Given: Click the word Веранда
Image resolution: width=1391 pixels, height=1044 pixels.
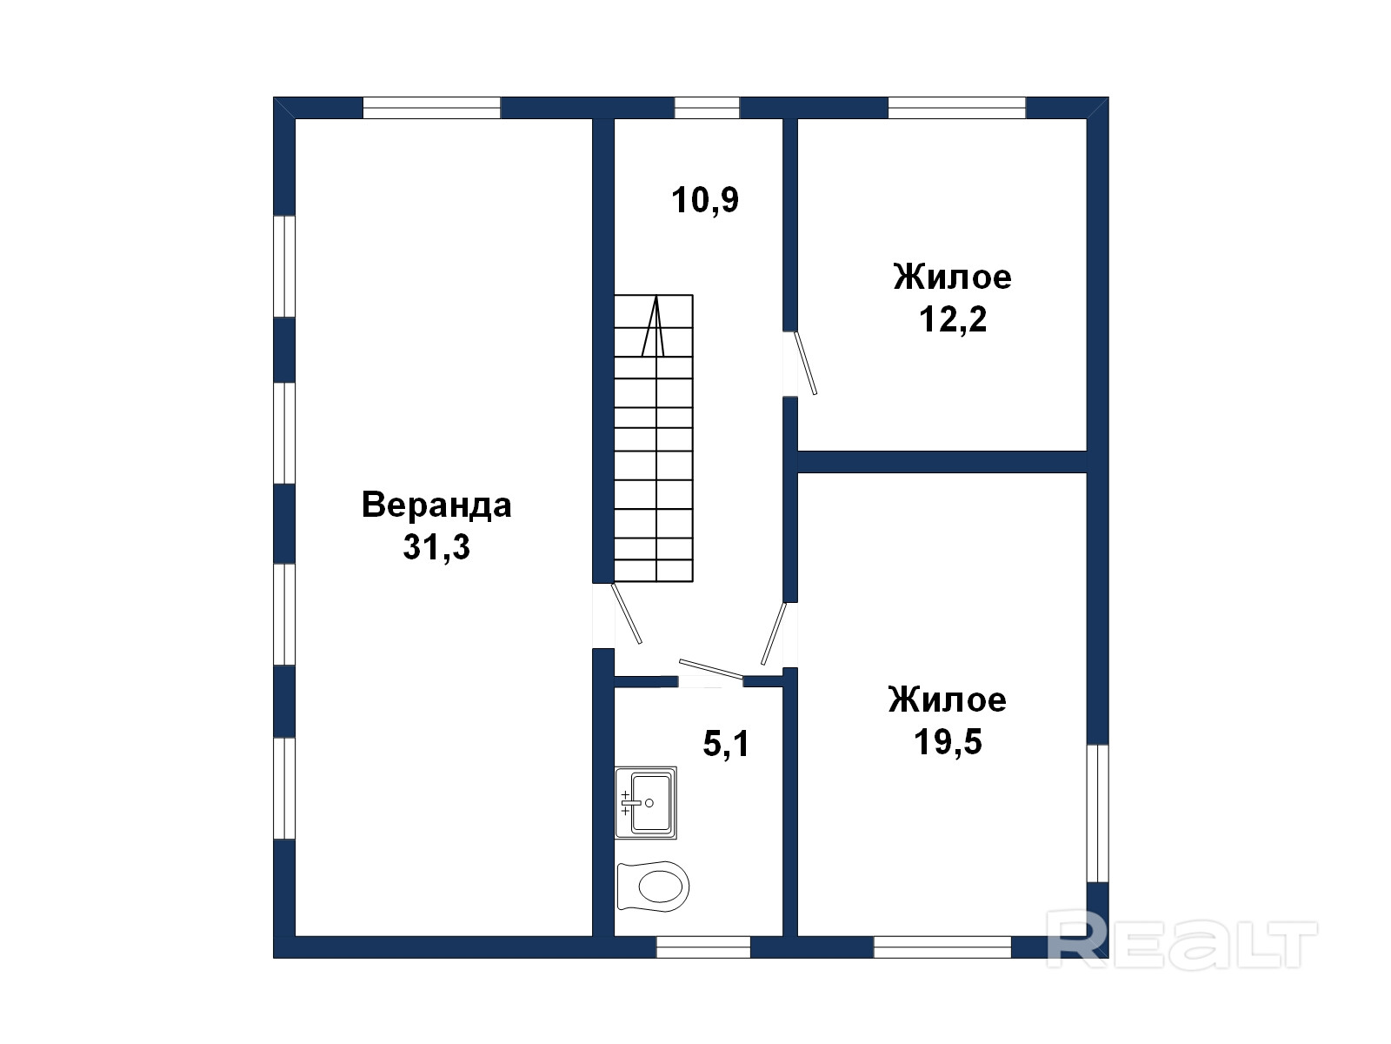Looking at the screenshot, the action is click(x=436, y=505).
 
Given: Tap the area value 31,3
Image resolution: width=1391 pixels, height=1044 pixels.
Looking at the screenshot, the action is click(x=436, y=546).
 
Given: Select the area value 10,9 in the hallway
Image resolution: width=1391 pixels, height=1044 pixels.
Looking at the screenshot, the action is click(x=705, y=200).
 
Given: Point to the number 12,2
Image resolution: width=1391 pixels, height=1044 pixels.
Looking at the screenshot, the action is click(x=953, y=318).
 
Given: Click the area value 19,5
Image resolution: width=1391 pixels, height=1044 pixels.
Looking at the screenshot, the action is click(x=948, y=741).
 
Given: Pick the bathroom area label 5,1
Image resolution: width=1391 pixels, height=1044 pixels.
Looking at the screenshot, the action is click(x=726, y=744).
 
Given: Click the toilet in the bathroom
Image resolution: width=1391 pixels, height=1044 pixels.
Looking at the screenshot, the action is click(x=654, y=886).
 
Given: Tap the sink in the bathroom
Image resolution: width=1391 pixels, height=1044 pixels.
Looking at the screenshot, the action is click(x=646, y=802).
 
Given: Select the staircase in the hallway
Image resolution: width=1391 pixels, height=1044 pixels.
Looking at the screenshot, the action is click(x=654, y=438).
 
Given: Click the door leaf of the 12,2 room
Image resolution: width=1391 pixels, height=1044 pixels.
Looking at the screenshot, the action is click(x=805, y=363).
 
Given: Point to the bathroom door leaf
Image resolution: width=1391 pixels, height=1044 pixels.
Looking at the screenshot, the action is click(x=711, y=668).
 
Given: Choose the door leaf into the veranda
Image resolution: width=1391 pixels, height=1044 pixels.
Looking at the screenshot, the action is click(x=626, y=613).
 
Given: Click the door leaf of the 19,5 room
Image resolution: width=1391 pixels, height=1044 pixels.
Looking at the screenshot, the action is click(x=774, y=633).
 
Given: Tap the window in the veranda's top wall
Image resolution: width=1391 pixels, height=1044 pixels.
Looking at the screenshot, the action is click(x=431, y=108).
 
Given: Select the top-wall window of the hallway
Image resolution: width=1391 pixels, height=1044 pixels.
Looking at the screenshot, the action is click(x=707, y=108).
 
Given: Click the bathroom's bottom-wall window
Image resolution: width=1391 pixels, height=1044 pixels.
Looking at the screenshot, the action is click(x=703, y=947).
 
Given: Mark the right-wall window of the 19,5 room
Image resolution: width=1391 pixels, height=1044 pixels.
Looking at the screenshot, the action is click(x=1098, y=813).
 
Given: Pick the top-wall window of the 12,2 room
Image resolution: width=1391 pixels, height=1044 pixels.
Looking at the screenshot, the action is click(x=957, y=108).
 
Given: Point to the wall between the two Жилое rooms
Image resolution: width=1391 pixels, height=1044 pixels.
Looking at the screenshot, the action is click(x=942, y=461).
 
